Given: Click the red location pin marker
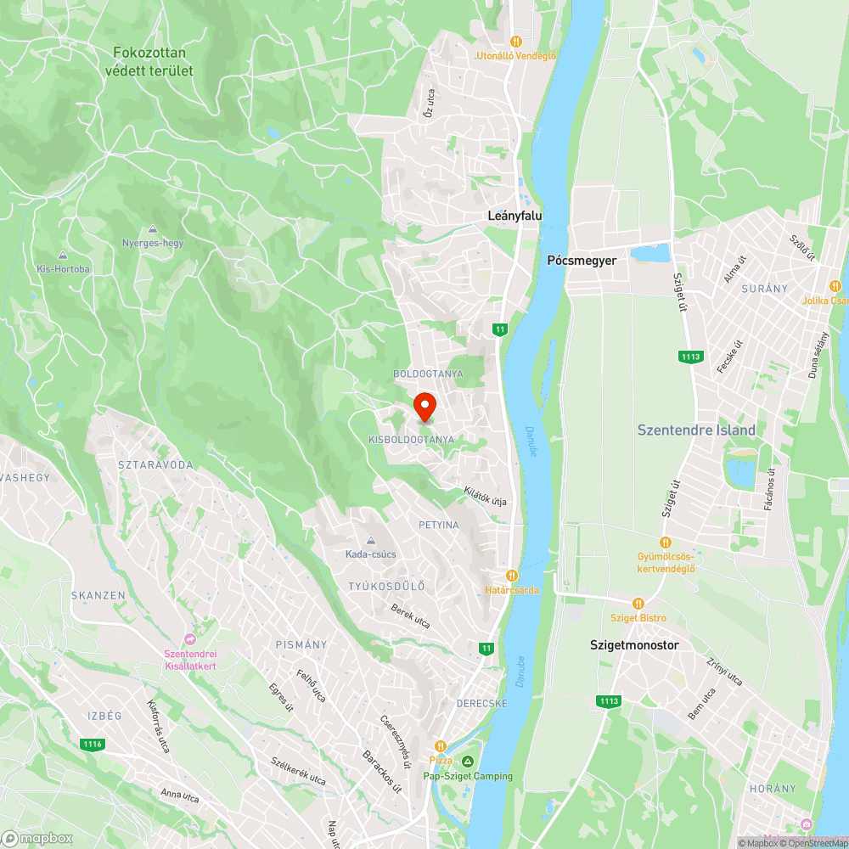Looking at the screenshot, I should tap(424, 407).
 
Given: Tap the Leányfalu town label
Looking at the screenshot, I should tap(514, 216).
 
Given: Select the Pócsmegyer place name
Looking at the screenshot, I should tap(582, 261).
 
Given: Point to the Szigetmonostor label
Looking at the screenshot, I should tap(634, 645).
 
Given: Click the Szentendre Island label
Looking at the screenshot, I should tap(696, 430).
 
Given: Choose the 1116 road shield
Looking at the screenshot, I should tap(93, 745).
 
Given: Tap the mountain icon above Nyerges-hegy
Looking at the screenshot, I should tap(152, 229).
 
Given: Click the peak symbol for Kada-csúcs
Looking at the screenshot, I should tap(371, 541).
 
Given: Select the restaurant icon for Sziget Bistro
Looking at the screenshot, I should tap(638, 603).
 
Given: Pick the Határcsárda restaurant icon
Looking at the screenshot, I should tap(512, 576).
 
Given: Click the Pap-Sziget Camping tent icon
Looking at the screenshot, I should tap(468, 761).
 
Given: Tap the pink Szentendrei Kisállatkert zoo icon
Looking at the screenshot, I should tap(190, 639).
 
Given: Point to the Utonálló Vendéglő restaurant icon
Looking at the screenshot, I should tap(515, 41).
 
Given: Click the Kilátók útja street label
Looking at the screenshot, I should tap(485, 496).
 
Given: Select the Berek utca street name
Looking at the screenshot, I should tap(410, 616).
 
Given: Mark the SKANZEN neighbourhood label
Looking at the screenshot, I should tap(98, 595).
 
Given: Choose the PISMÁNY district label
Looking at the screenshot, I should tap(301, 644).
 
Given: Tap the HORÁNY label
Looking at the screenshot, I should tap(773, 789).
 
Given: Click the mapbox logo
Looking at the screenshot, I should tap(37, 838).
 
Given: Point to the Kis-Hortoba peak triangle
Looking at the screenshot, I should tap(63, 256).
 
